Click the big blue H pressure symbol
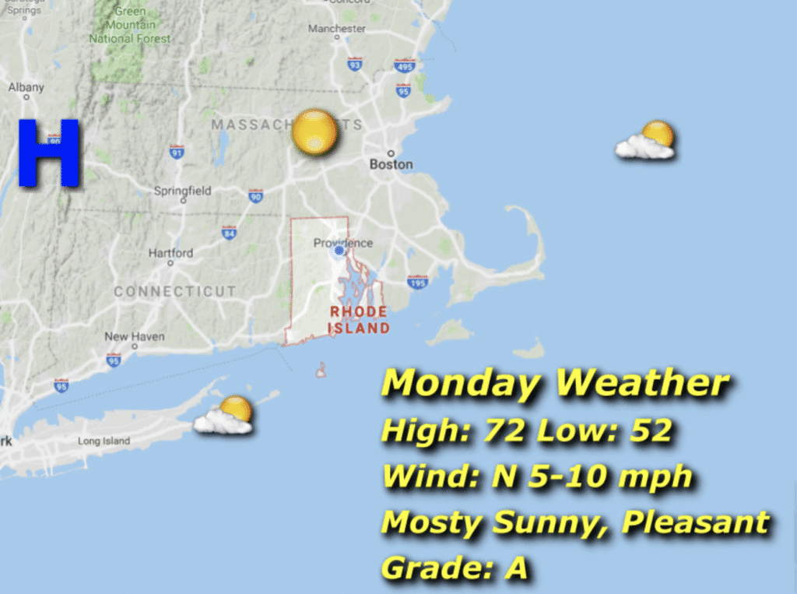pos(49,153)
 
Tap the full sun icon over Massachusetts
pos(314,132)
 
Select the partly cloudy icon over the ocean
pos(646,141)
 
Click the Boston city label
pos(391,164)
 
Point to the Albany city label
pos(26,88)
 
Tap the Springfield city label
pos(182,190)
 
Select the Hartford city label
pos(170,253)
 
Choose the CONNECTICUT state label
pos(174,292)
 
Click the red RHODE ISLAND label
pos(359,320)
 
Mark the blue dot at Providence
pos(339,251)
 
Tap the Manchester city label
pos(337,29)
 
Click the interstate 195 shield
pos(418,281)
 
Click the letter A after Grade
pos(516,568)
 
